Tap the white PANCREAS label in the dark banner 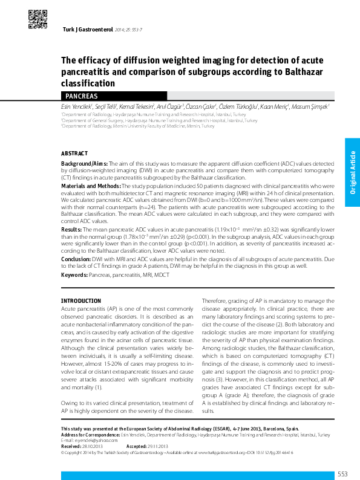pos(81,96)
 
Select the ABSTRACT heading pos(74,154)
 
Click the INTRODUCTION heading pos(81,300)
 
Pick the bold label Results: pos(71,230)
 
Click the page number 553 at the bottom pos(342,473)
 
